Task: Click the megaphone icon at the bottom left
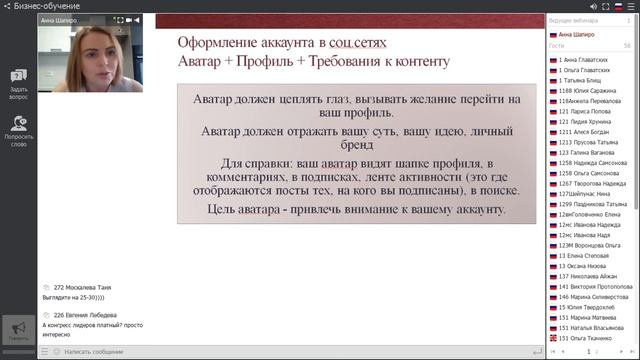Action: click(x=17, y=329)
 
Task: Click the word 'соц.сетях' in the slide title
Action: click(x=359, y=43)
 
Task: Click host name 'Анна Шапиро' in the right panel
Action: click(x=577, y=34)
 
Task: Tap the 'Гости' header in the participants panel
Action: click(x=557, y=46)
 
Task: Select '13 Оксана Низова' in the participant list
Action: click(x=586, y=265)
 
